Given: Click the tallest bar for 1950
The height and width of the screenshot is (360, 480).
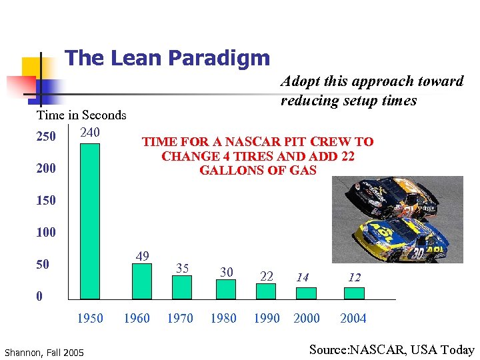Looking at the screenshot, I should pyautogui.click(x=89, y=221).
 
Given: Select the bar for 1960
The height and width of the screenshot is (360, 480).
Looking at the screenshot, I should pyautogui.click(x=142, y=281).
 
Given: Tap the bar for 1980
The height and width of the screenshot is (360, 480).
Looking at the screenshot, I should pyautogui.click(x=226, y=289).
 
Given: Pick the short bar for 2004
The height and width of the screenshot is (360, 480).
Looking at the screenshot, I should pyautogui.click(x=354, y=293).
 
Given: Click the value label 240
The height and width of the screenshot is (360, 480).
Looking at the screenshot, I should pyautogui.click(x=90, y=132).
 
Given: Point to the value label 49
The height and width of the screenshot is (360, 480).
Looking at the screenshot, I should pyautogui.click(x=142, y=256).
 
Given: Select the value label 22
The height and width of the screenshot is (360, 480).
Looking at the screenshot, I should pyautogui.click(x=267, y=276).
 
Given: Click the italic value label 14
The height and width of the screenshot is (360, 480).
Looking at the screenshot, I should pyautogui.click(x=303, y=277).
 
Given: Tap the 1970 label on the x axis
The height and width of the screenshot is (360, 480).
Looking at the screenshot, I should pyautogui.click(x=180, y=318).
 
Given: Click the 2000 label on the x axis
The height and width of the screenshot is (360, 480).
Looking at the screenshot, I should pyautogui.click(x=307, y=318).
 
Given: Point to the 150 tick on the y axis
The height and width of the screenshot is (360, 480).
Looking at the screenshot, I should pyautogui.click(x=46, y=200).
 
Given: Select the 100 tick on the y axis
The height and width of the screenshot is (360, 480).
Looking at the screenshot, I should pyautogui.click(x=46, y=232).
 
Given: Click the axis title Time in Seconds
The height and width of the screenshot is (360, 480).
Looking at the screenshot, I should pyautogui.click(x=81, y=115).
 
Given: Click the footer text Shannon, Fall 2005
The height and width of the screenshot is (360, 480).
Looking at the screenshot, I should pyautogui.click(x=44, y=352).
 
